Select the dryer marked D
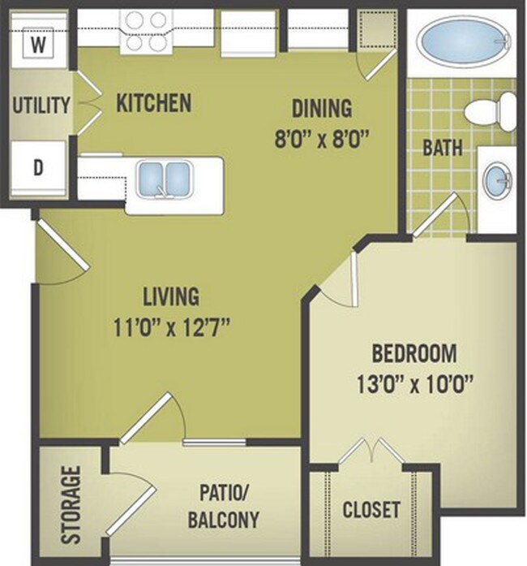pyautogui.click(x=36, y=169)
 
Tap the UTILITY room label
pyautogui.click(x=41, y=105)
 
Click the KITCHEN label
pyautogui.click(x=154, y=103)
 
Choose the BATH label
pyautogui.click(x=443, y=149)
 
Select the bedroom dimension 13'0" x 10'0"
pyautogui.click(x=413, y=382)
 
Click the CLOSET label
pyautogui.click(x=371, y=510)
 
